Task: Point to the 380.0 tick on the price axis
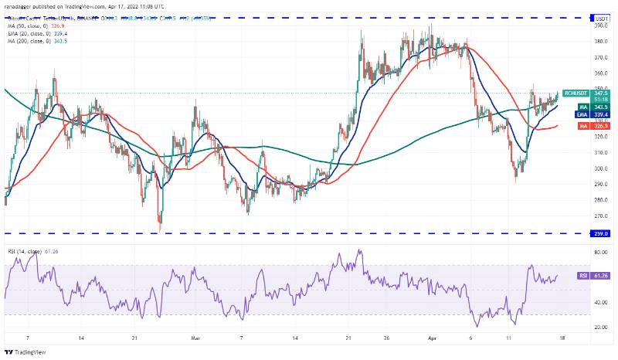click(x=599, y=58)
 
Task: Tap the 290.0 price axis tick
click(x=599, y=184)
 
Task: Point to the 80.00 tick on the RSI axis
click(x=599, y=252)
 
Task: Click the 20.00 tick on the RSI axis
click(x=599, y=327)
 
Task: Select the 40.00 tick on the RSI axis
click(x=599, y=302)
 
